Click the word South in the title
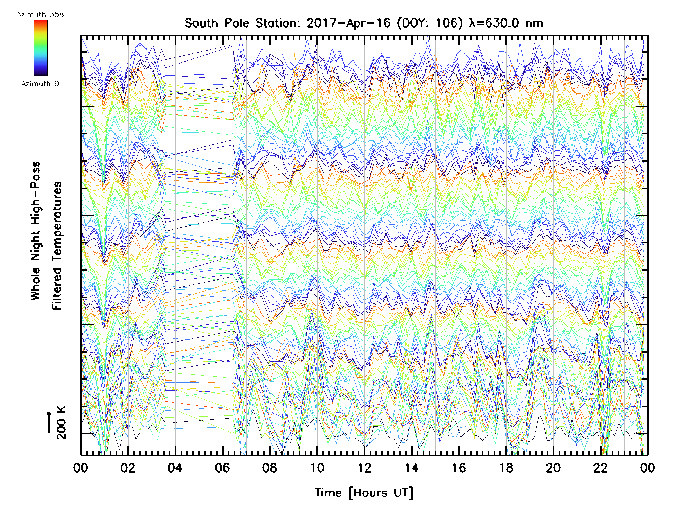point(201,23)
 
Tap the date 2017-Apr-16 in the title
point(348,23)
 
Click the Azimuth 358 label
point(40,15)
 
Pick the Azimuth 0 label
point(40,84)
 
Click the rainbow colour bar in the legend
point(40,48)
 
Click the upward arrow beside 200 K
point(49,422)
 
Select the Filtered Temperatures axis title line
point(57,245)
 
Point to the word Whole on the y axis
point(36,284)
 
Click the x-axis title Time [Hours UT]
point(364,493)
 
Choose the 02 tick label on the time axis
point(128,468)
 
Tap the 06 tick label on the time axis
point(222,468)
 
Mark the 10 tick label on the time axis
point(317,468)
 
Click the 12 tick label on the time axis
point(364,468)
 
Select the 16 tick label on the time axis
point(459,468)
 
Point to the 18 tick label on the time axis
point(506,468)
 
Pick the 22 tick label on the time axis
point(600,468)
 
